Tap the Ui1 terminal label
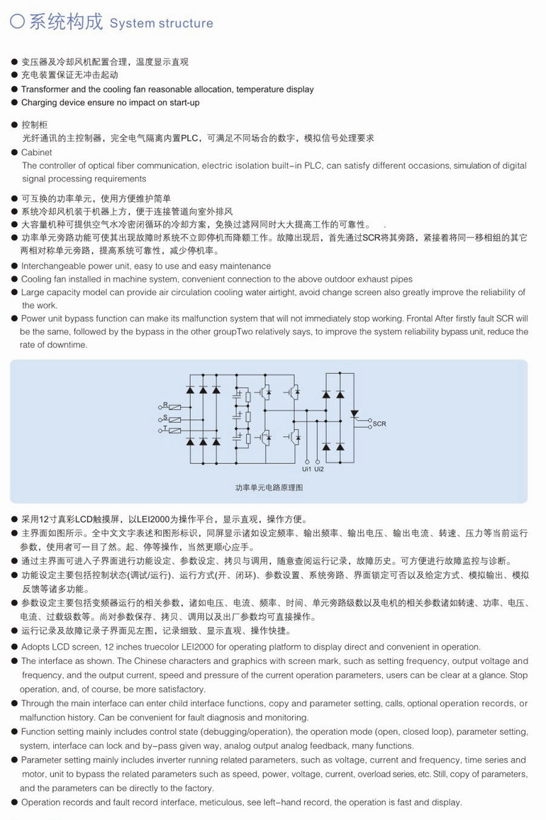pos(306,469)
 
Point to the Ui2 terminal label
pos(319,469)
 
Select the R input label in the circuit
pos(165,405)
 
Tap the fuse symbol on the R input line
pos(175,408)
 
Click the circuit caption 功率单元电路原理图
pos(269,488)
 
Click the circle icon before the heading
pos(18,22)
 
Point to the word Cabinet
pos(36,153)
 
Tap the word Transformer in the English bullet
pos(46,89)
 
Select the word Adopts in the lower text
pos(35,646)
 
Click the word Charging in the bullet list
pos(40,103)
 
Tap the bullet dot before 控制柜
pos(15,125)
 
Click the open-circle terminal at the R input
pos(160,408)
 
